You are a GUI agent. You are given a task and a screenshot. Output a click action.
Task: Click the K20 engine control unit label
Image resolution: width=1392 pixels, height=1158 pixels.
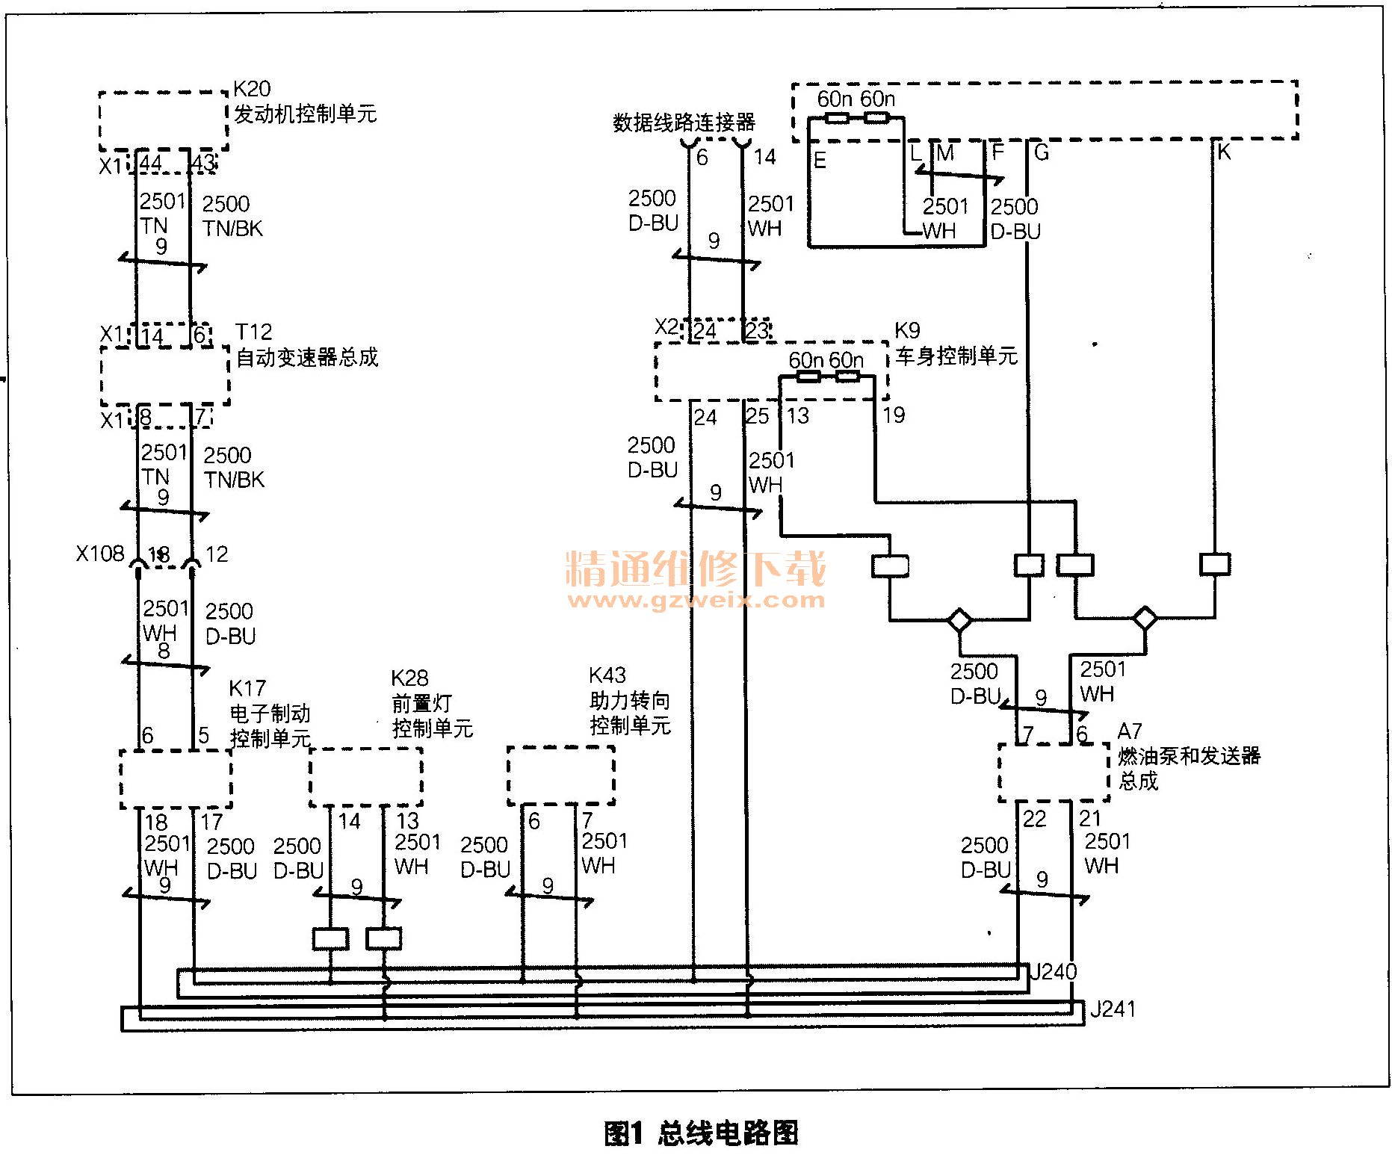(x=304, y=103)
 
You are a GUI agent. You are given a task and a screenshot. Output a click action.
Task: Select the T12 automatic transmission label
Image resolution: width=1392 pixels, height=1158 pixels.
(x=306, y=345)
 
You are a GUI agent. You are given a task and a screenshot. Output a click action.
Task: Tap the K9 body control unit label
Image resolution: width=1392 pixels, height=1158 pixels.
(x=956, y=344)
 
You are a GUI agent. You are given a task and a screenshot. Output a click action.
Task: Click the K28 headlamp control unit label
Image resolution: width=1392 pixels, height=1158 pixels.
(x=432, y=703)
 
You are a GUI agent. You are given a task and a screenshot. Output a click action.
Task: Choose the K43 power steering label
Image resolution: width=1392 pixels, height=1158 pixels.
(x=630, y=700)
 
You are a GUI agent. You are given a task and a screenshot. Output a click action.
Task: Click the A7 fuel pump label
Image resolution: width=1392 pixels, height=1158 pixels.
(x=1188, y=755)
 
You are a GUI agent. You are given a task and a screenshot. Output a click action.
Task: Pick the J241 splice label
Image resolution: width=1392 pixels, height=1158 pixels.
(x=1113, y=1010)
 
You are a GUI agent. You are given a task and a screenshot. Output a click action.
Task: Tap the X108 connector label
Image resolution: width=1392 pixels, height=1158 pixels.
(x=100, y=554)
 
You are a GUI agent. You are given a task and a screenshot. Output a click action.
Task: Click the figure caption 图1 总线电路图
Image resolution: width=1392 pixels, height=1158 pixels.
(x=701, y=1133)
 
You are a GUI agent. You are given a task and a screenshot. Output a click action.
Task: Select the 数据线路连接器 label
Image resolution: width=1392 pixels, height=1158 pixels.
(x=684, y=123)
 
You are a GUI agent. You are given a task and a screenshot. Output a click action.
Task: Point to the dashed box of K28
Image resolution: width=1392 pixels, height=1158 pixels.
(x=366, y=777)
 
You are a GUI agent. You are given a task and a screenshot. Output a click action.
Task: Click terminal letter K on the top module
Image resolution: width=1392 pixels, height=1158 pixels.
(x=1224, y=152)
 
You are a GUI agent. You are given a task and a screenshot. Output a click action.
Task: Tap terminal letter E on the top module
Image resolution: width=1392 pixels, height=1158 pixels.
(x=820, y=161)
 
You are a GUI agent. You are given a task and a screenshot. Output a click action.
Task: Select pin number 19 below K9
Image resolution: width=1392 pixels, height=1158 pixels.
(x=894, y=415)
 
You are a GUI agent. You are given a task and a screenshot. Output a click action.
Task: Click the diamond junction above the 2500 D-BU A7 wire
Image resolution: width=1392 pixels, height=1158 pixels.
(x=959, y=620)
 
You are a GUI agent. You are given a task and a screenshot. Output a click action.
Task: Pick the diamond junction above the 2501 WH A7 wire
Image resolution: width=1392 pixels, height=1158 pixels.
(x=1145, y=619)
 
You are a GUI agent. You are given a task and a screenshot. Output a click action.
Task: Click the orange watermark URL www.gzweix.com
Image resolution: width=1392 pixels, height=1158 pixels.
(x=696, y=600)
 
